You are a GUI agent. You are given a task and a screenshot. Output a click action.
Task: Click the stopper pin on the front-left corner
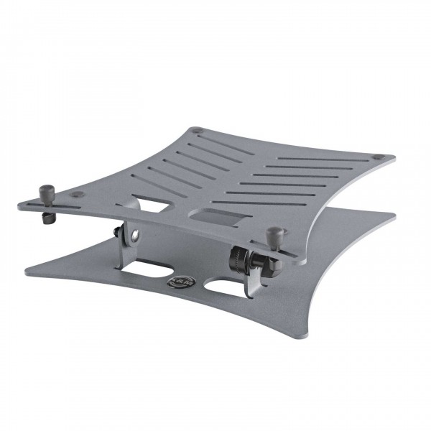pyautogui.click(x=47, y=192)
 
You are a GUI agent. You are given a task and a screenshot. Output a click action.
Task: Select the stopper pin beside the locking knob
pyautogui.click(x=274, y=235)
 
